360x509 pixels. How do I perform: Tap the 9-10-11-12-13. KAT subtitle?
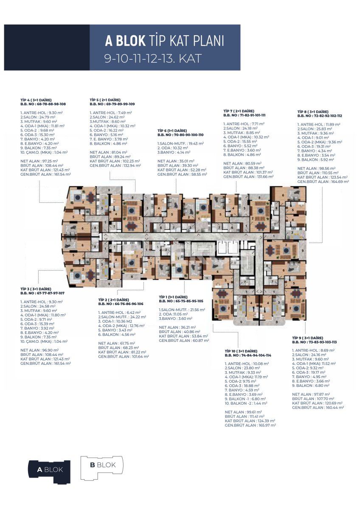[153, 58]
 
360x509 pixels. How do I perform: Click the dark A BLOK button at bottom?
[49, 470]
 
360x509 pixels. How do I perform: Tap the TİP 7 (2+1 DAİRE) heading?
[239, 111]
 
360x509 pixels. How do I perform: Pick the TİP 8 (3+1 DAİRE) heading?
[313, 111]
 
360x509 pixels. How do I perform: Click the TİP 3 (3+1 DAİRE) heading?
[36, 288]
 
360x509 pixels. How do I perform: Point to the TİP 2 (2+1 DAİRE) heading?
[113, 300]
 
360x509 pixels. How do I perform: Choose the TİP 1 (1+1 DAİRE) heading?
[173, 297]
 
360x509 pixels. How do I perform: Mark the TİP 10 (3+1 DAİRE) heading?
[241, 351]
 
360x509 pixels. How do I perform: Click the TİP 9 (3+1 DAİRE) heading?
[307, 338]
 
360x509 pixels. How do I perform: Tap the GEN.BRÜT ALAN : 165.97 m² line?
[250, 425]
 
